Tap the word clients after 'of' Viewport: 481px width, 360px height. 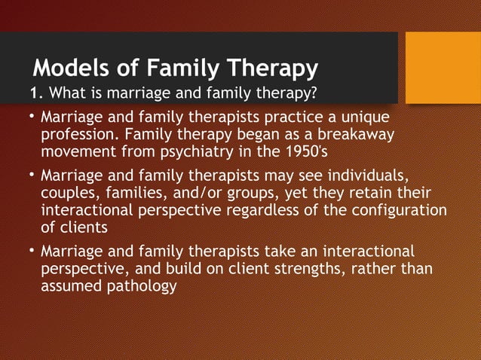[x=84, y=227]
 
